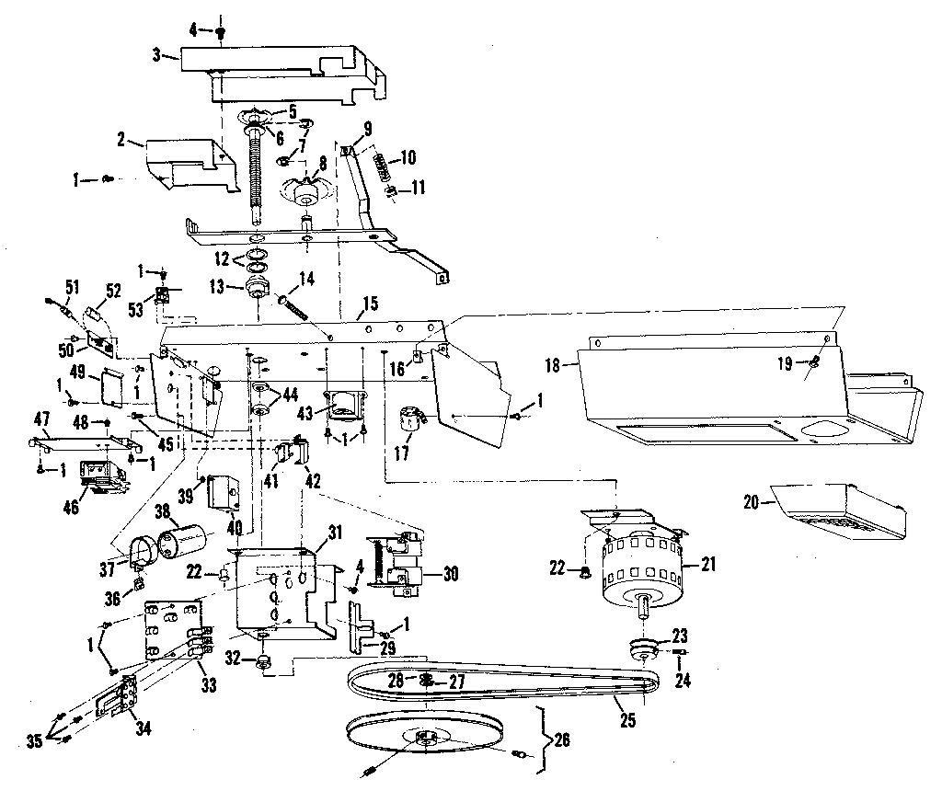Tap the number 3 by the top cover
pos(157,54)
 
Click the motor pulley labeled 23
pos(641,648)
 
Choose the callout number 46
pos(69,507)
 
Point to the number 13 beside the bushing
pos(217,286)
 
